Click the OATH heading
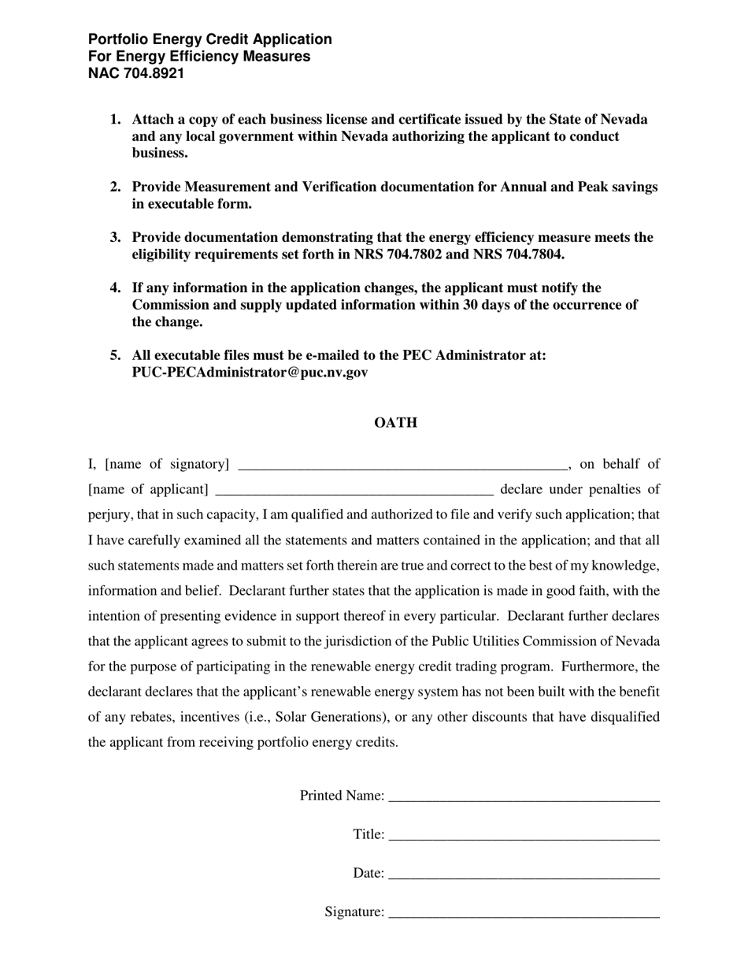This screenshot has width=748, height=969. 395,423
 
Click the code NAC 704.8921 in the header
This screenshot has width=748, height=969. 136,74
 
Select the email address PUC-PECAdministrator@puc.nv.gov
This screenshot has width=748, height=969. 250,373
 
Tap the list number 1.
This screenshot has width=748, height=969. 115,120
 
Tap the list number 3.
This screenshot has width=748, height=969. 115,238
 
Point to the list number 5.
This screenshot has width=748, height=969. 115,355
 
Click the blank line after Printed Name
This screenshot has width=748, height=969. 524,798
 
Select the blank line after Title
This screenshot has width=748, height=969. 524,837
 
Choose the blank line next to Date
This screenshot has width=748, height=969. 524,875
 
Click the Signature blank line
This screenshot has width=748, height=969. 524,915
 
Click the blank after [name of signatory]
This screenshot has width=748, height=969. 402,466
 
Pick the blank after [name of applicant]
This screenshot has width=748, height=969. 354,492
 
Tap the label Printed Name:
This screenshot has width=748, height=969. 342,796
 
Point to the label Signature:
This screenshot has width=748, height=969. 354,912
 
